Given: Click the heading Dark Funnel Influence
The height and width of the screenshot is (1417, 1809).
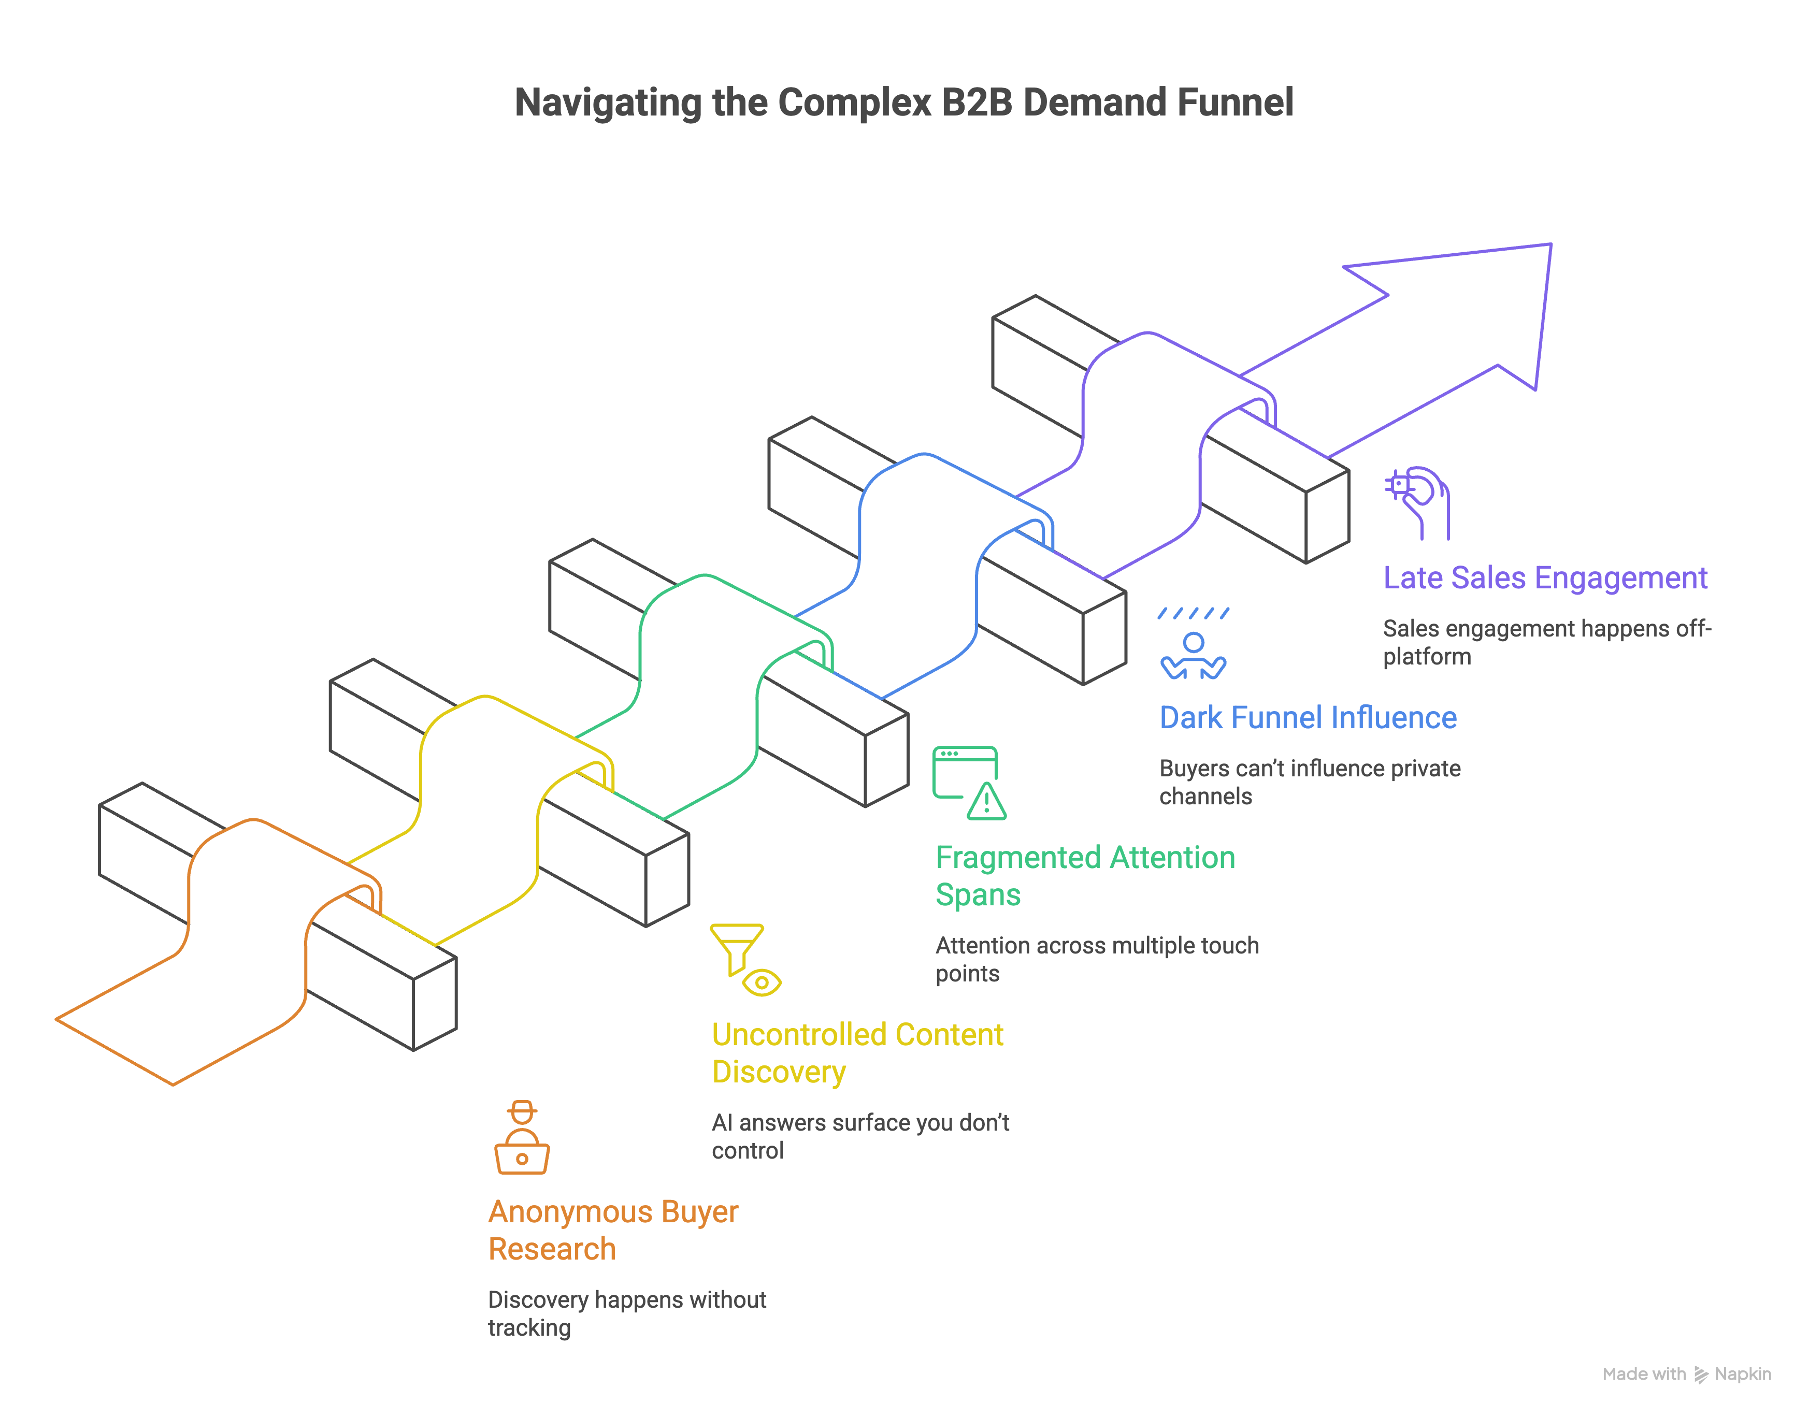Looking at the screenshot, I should (x=1307, y=718).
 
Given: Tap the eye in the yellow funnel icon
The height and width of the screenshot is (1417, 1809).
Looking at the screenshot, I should (x=762, y=982).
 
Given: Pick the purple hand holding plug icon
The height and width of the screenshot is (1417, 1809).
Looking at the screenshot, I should (x=1418, y=502).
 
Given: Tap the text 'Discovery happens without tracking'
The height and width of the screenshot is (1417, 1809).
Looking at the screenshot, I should (x=626, y=1313).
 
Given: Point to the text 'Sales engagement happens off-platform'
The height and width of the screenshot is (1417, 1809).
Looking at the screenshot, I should (x=1546, y=642).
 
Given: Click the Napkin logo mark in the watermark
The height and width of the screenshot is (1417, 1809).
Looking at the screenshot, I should (x=1700, y=1374).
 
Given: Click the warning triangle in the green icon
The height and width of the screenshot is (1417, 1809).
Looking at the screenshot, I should (x=987, y=802).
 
